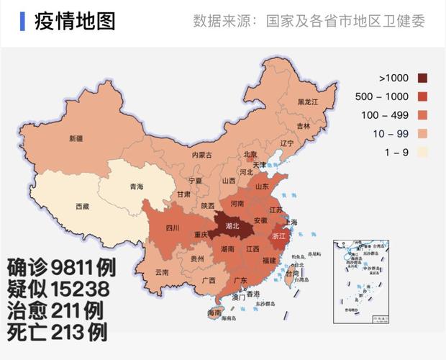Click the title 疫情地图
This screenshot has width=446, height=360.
75,21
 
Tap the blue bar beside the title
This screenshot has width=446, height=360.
23,21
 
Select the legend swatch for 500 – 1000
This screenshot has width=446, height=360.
422,96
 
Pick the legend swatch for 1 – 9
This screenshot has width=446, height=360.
422,152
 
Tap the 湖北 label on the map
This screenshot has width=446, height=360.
232,225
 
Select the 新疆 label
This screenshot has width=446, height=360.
76,138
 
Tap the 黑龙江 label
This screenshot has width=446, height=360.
308,102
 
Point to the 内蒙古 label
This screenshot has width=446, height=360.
201,155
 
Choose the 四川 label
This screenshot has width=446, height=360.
172,229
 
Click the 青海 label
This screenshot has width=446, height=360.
136,187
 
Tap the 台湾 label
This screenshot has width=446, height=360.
291,274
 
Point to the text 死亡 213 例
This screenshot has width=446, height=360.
58,333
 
